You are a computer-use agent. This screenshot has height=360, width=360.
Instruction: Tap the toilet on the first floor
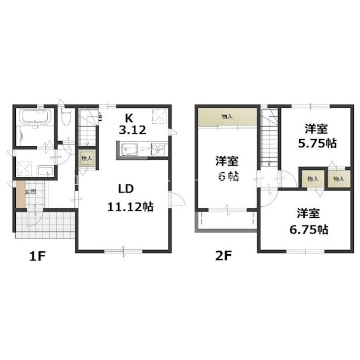coord(66,117)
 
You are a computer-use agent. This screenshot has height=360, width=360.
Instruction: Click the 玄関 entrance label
coord(30,192)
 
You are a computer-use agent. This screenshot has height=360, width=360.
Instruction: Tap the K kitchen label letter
coord(129,118)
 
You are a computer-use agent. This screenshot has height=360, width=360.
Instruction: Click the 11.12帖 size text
coord(130,207)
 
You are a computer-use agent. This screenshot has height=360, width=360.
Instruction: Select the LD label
coord(126,189)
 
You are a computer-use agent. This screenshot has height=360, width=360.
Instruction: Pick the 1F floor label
coord(37,256)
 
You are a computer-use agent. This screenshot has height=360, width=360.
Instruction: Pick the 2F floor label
coord(223,256)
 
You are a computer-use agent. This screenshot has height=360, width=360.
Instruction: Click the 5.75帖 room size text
coord(317,144)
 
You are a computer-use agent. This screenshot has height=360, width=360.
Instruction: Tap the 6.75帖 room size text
coord(309,229)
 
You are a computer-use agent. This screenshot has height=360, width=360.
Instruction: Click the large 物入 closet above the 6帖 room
coord(227,117)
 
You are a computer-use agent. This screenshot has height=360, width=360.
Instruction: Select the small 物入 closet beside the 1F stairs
coord(87,158)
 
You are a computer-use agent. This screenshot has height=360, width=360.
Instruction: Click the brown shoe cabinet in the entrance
coord(20,195)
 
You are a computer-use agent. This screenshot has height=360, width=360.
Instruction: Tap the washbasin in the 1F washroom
coord(45,171)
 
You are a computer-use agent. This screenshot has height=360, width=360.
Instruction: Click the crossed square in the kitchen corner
coord(160,117)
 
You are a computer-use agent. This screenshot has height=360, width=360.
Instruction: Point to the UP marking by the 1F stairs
coord(100,116)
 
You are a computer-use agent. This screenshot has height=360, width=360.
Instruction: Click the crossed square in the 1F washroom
coord(24,169)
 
